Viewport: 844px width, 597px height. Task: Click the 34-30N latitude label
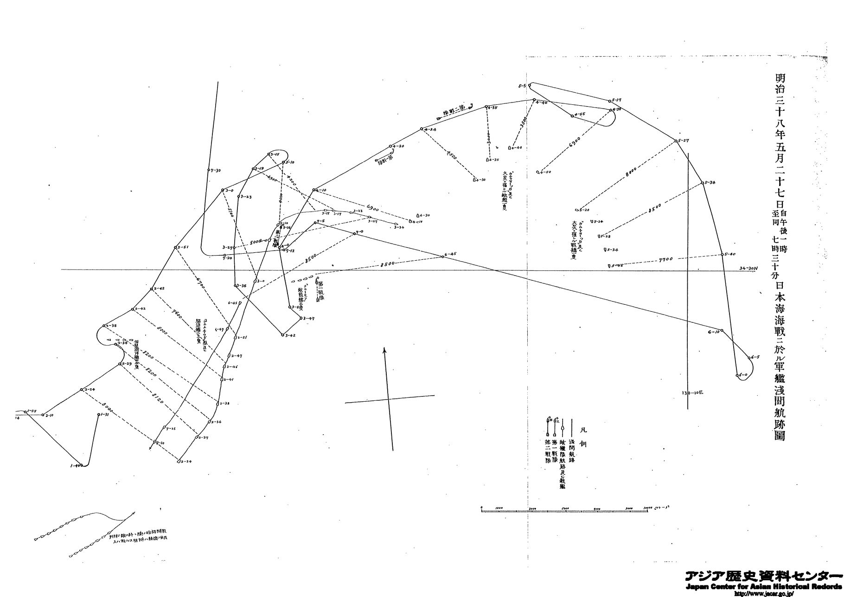click(x=746, y=268)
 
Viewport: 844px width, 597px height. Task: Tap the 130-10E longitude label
click(x=692, y=392)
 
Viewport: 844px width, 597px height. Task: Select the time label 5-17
click(x=617, y=100)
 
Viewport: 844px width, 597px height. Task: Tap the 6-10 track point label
click(x=713, y=332)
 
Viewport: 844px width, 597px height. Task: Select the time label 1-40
click(x=76, y=465)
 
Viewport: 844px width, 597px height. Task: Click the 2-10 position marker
click(x=49, y=415)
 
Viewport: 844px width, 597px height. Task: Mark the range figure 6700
click(x=200, y=282)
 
